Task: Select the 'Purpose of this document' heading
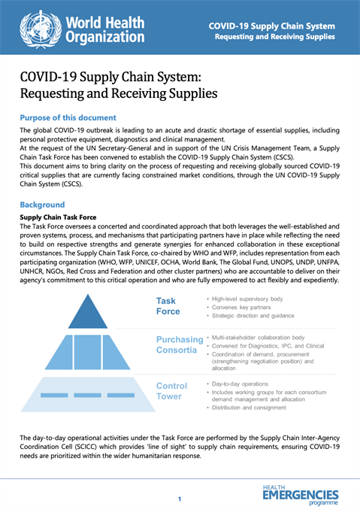point(68,118)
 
